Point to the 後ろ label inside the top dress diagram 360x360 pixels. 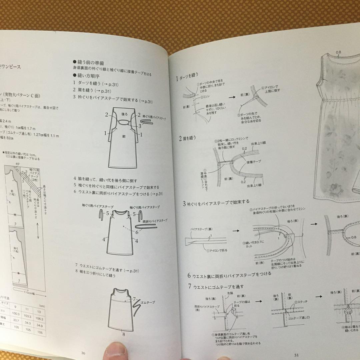(124, 114)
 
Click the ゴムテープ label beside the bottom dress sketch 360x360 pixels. (148, 302)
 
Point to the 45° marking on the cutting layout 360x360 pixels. (18, 164)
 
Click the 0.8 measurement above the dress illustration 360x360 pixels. (339, 52)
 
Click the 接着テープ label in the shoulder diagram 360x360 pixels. (254, 161)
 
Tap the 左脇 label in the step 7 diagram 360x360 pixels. (230, 293)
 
